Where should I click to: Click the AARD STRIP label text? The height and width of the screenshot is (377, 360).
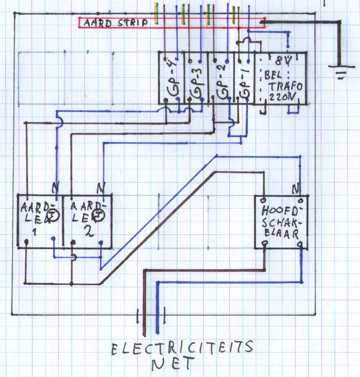click(115, 23)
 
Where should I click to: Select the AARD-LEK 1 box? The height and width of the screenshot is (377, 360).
click(40, 221)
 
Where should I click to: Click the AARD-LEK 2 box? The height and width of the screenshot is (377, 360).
click(87, 221)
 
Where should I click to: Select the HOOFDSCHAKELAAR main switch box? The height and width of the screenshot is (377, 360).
click(281, 222)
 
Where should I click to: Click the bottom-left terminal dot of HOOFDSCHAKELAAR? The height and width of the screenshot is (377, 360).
click(265, 243)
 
